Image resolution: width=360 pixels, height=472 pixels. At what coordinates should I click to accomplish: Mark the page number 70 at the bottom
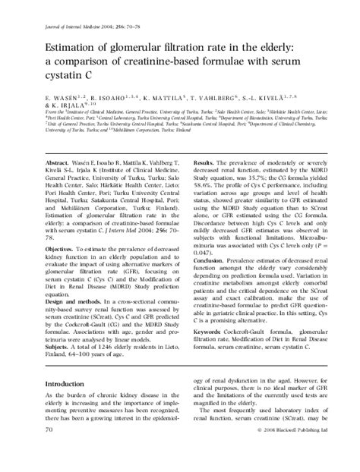pos(50,450)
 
